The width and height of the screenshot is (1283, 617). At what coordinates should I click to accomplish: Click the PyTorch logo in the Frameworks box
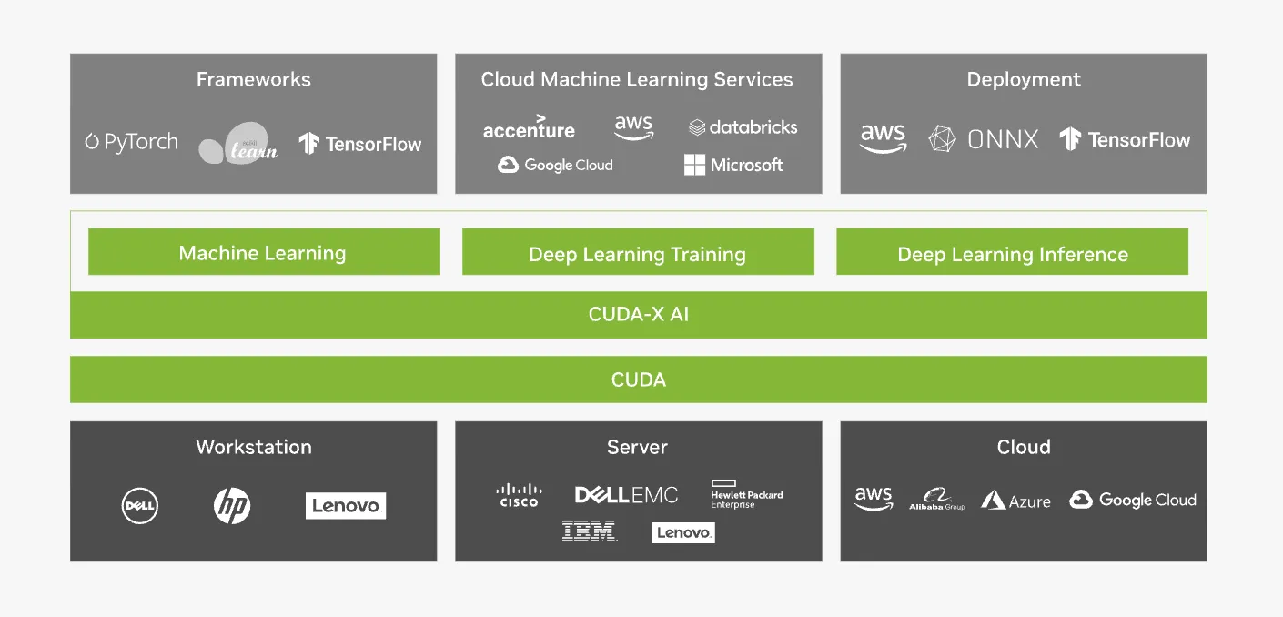tap(131, 142)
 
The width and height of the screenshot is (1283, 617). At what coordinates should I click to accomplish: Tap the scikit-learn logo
tap(237, 144)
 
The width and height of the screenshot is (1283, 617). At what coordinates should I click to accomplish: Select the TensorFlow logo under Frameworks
tap(360, 144)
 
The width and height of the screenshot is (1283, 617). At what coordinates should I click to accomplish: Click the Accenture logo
tap(529, 127)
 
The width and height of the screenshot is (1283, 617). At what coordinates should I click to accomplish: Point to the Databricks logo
tap(743, 127)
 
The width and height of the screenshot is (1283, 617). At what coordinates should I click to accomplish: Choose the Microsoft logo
tap(733, 165)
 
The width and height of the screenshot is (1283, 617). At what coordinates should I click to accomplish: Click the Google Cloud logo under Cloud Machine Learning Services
tap(555, 165)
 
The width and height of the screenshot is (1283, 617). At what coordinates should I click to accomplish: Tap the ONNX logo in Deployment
tap(984, 139)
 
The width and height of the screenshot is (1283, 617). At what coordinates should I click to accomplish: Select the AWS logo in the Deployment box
tap(883, 138)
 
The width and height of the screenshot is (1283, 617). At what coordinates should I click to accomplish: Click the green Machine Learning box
tap(263, 252)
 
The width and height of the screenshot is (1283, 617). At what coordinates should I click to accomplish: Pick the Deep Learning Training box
tap(637, 254)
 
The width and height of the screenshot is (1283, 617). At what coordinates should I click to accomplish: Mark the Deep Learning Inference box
tap(1012, 254)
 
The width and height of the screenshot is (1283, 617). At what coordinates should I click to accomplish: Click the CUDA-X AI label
tap(638, 315)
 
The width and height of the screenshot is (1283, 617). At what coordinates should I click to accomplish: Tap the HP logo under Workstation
tap(232, 506)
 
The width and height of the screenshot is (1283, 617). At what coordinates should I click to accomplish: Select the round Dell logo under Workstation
tap(140, 506)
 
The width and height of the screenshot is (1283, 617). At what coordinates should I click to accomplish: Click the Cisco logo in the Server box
tap(519, 495)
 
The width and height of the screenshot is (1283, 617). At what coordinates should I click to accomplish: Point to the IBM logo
tap(589, 531)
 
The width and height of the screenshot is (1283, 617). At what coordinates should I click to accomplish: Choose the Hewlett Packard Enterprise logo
tap(746, 495)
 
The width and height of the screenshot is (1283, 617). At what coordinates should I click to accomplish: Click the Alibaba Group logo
tap(936, 500)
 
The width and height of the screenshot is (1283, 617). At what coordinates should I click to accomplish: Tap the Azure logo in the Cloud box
tap(1015, 501)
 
